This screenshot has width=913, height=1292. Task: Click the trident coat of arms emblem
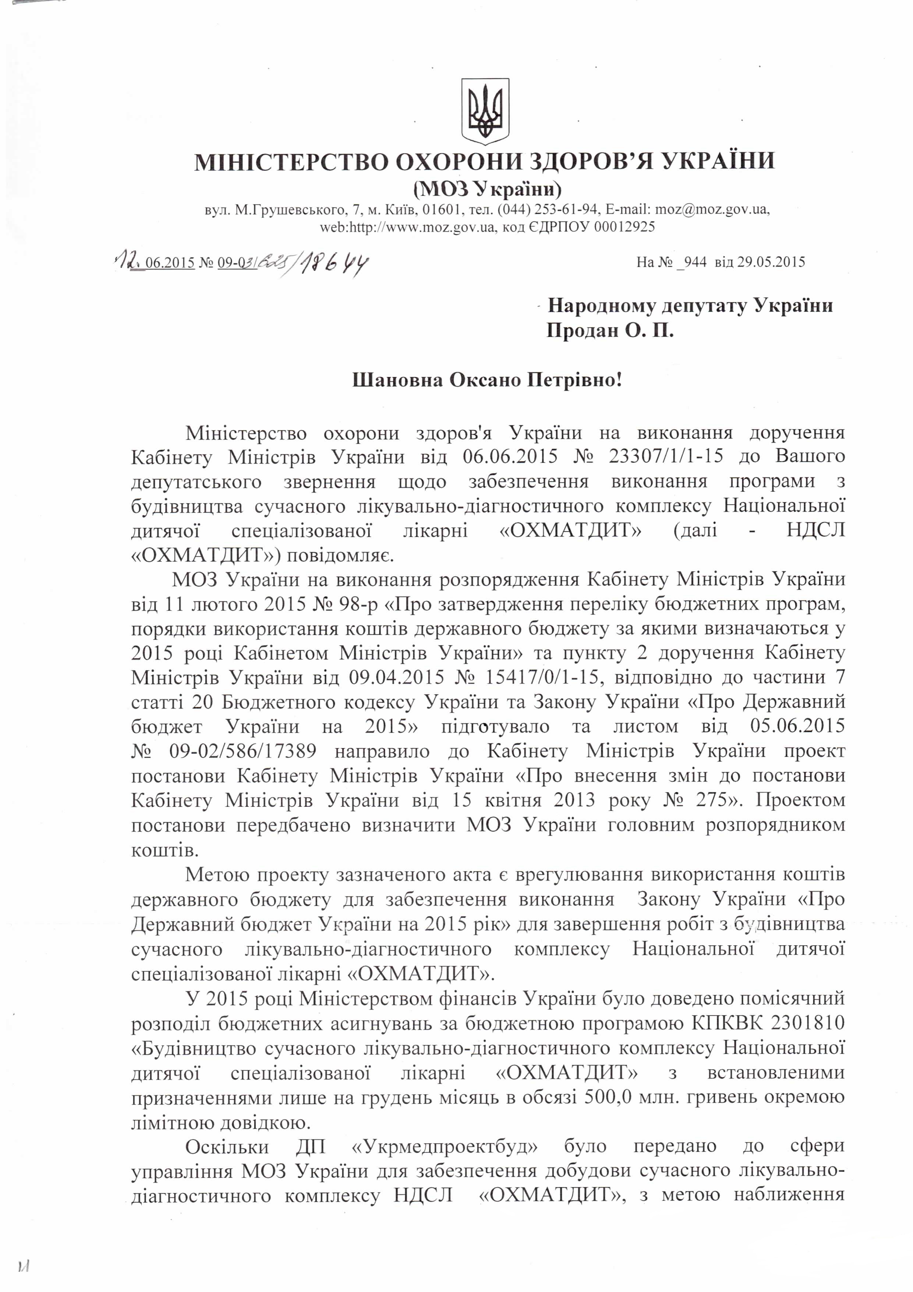(x=485, y=111)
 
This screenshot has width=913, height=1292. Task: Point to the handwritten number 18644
(x=332, y=262)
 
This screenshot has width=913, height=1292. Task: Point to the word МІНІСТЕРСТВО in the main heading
(x=291, y=162)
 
